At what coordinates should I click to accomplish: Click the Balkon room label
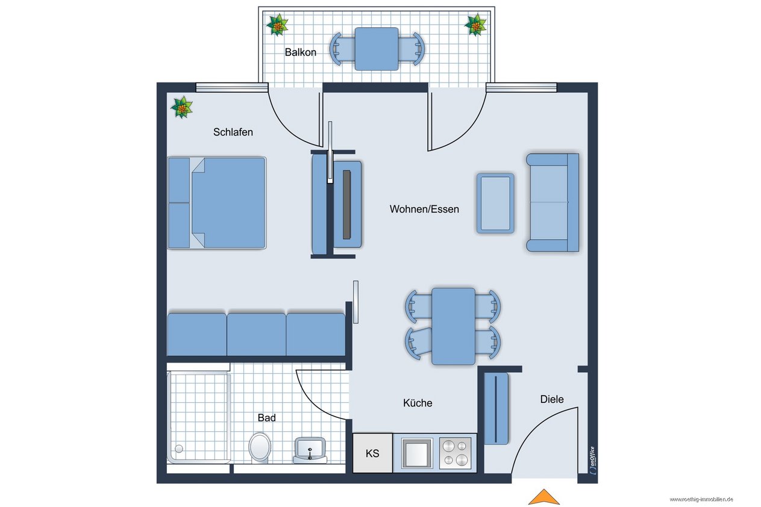300,52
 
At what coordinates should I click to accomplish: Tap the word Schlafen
233,132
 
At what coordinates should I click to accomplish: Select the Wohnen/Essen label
424,209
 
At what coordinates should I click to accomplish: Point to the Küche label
418,403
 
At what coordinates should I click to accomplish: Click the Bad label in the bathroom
267,418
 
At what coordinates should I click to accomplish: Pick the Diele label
552,399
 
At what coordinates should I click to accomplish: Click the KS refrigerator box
373,453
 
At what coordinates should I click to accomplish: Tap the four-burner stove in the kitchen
456,453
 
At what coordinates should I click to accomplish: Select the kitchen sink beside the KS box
417,453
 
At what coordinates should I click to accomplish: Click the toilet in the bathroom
260,447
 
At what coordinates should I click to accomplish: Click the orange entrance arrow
544,497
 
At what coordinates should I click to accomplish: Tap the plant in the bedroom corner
182,107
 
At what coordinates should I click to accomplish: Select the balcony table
377,49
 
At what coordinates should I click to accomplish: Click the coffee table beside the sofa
495,204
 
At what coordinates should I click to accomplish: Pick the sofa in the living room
553,202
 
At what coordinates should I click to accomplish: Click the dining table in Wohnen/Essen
453,326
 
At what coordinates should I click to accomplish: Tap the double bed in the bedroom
217,203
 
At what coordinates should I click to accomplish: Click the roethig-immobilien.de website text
701,499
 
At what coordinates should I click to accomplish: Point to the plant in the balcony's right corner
475,25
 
